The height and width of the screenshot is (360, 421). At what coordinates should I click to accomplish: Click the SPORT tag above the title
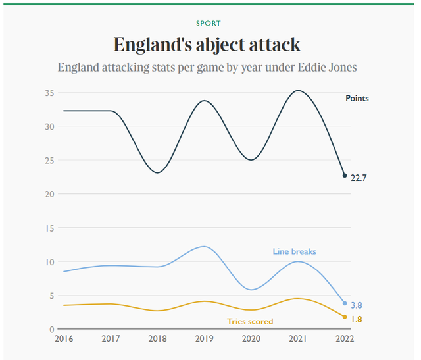coord(208,23)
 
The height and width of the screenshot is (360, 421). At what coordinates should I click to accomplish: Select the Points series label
coord(357,99)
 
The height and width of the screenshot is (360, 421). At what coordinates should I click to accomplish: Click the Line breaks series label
coord(295,251)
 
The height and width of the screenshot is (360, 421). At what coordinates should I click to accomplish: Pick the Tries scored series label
coord(250,321)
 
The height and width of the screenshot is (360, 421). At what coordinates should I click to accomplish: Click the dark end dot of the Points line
coord(344,176)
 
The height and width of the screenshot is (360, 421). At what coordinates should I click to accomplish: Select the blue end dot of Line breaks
coord(344,303)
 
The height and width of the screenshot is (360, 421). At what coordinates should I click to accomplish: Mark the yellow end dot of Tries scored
coord(344,317)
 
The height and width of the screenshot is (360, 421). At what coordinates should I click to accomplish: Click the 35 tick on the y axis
coord(49,93)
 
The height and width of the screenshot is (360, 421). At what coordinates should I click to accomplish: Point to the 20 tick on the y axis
coord(49,194)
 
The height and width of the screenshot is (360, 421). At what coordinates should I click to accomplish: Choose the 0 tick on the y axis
coord(52,329)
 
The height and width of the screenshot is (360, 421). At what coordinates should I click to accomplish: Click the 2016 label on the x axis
coord(63,340)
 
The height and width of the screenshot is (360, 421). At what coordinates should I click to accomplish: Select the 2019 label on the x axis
coord(204,340)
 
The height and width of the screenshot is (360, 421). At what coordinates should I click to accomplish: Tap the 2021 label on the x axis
coord(297,340)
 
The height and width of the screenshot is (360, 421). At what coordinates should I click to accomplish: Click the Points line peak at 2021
coord(298,91)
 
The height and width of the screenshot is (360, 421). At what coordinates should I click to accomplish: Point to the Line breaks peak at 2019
coord(204,247)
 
